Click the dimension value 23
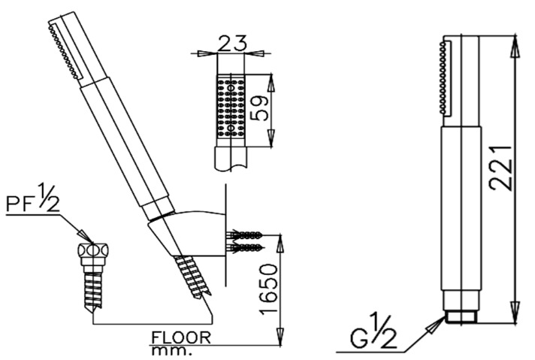[231, 42]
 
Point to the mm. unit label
[171, 350]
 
